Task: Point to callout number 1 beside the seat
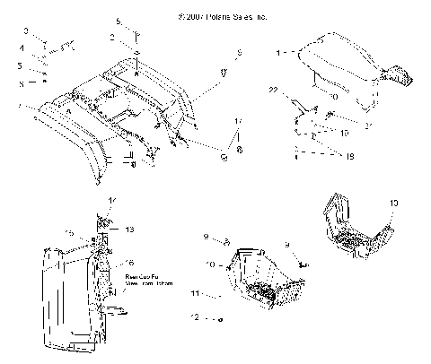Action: point(280,53)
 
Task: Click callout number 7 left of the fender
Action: point(21,106)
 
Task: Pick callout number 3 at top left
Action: point(27,31)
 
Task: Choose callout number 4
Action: point(22,48)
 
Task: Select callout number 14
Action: point(112,198)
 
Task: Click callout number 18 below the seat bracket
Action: point(324,155)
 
